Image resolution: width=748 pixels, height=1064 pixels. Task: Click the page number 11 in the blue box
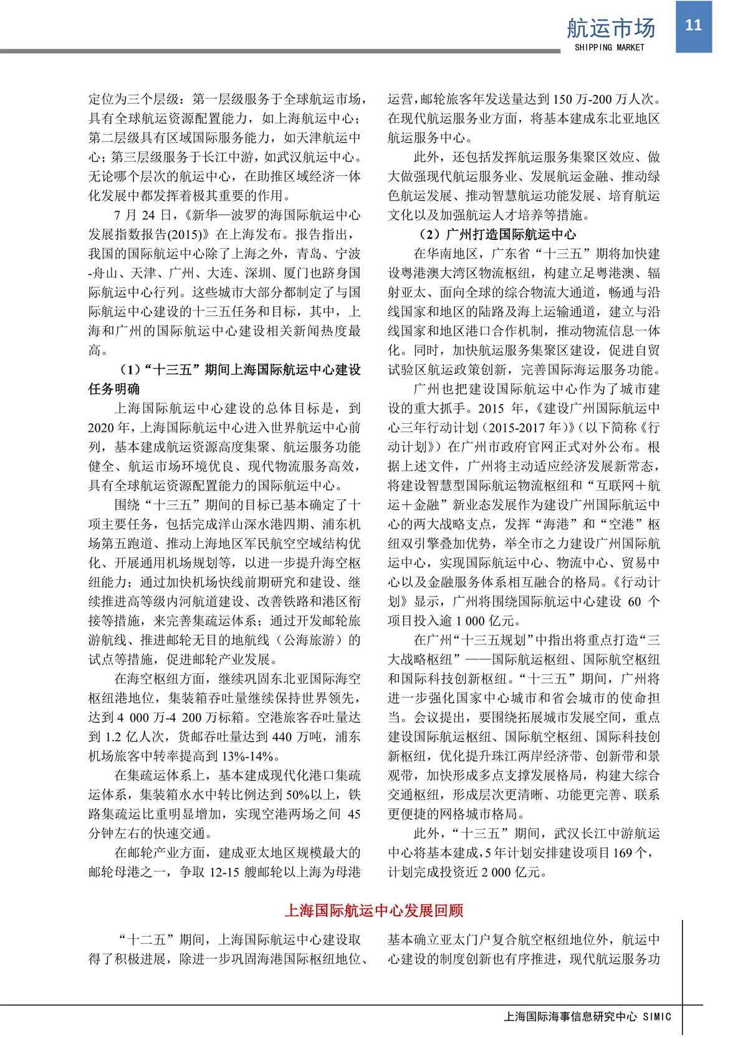pos(693,25)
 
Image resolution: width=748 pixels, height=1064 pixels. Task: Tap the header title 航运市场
pos(610,28)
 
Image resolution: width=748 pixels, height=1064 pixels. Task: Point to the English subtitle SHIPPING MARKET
pos(609,47)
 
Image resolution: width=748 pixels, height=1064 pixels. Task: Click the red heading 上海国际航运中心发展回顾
pos(374,911)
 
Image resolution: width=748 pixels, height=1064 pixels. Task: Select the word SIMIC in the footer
pos(657,1017)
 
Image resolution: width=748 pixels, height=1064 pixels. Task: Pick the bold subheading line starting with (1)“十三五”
pos(240,370)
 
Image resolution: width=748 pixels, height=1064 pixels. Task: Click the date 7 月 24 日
pos(143,215)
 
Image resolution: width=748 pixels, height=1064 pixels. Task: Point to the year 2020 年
pos(108,428)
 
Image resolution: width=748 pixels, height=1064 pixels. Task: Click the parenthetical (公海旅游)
pos(309,640)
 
